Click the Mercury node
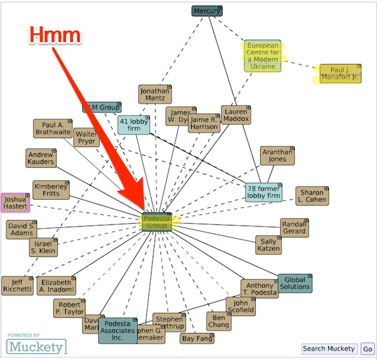pyautogui.click(x=207, y=11)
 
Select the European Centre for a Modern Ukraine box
pyautogui.click(x=261, y=56)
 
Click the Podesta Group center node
pyautogui.click(x=156, y=221)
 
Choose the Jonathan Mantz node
pyautogui.click(x=155, y=94)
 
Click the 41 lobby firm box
pyautogui.click(x=134, y=125)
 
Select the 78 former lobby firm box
pyautogui.click(x=264, y=192)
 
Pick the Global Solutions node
pyautogui.click(x=295, y=283)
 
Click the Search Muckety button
pyautogui.click(x=329, y=349)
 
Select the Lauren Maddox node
pyautogui.click(x=236, y=114)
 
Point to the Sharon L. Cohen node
pyautogui.click(x=312, y=196)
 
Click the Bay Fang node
pyautogui.click(x=197, y=339)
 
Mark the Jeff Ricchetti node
pyautogui.click(x=17, y=285)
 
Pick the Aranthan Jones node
pyautogui.click(x=278, y=156)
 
